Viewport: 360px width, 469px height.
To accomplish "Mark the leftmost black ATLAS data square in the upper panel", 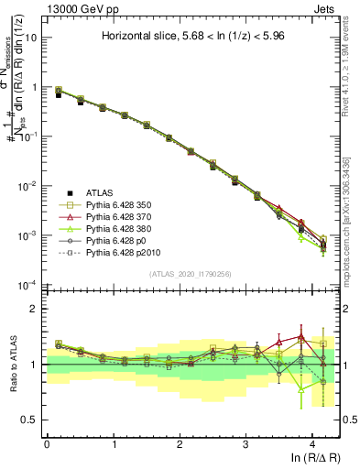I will [x=60, y=94].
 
